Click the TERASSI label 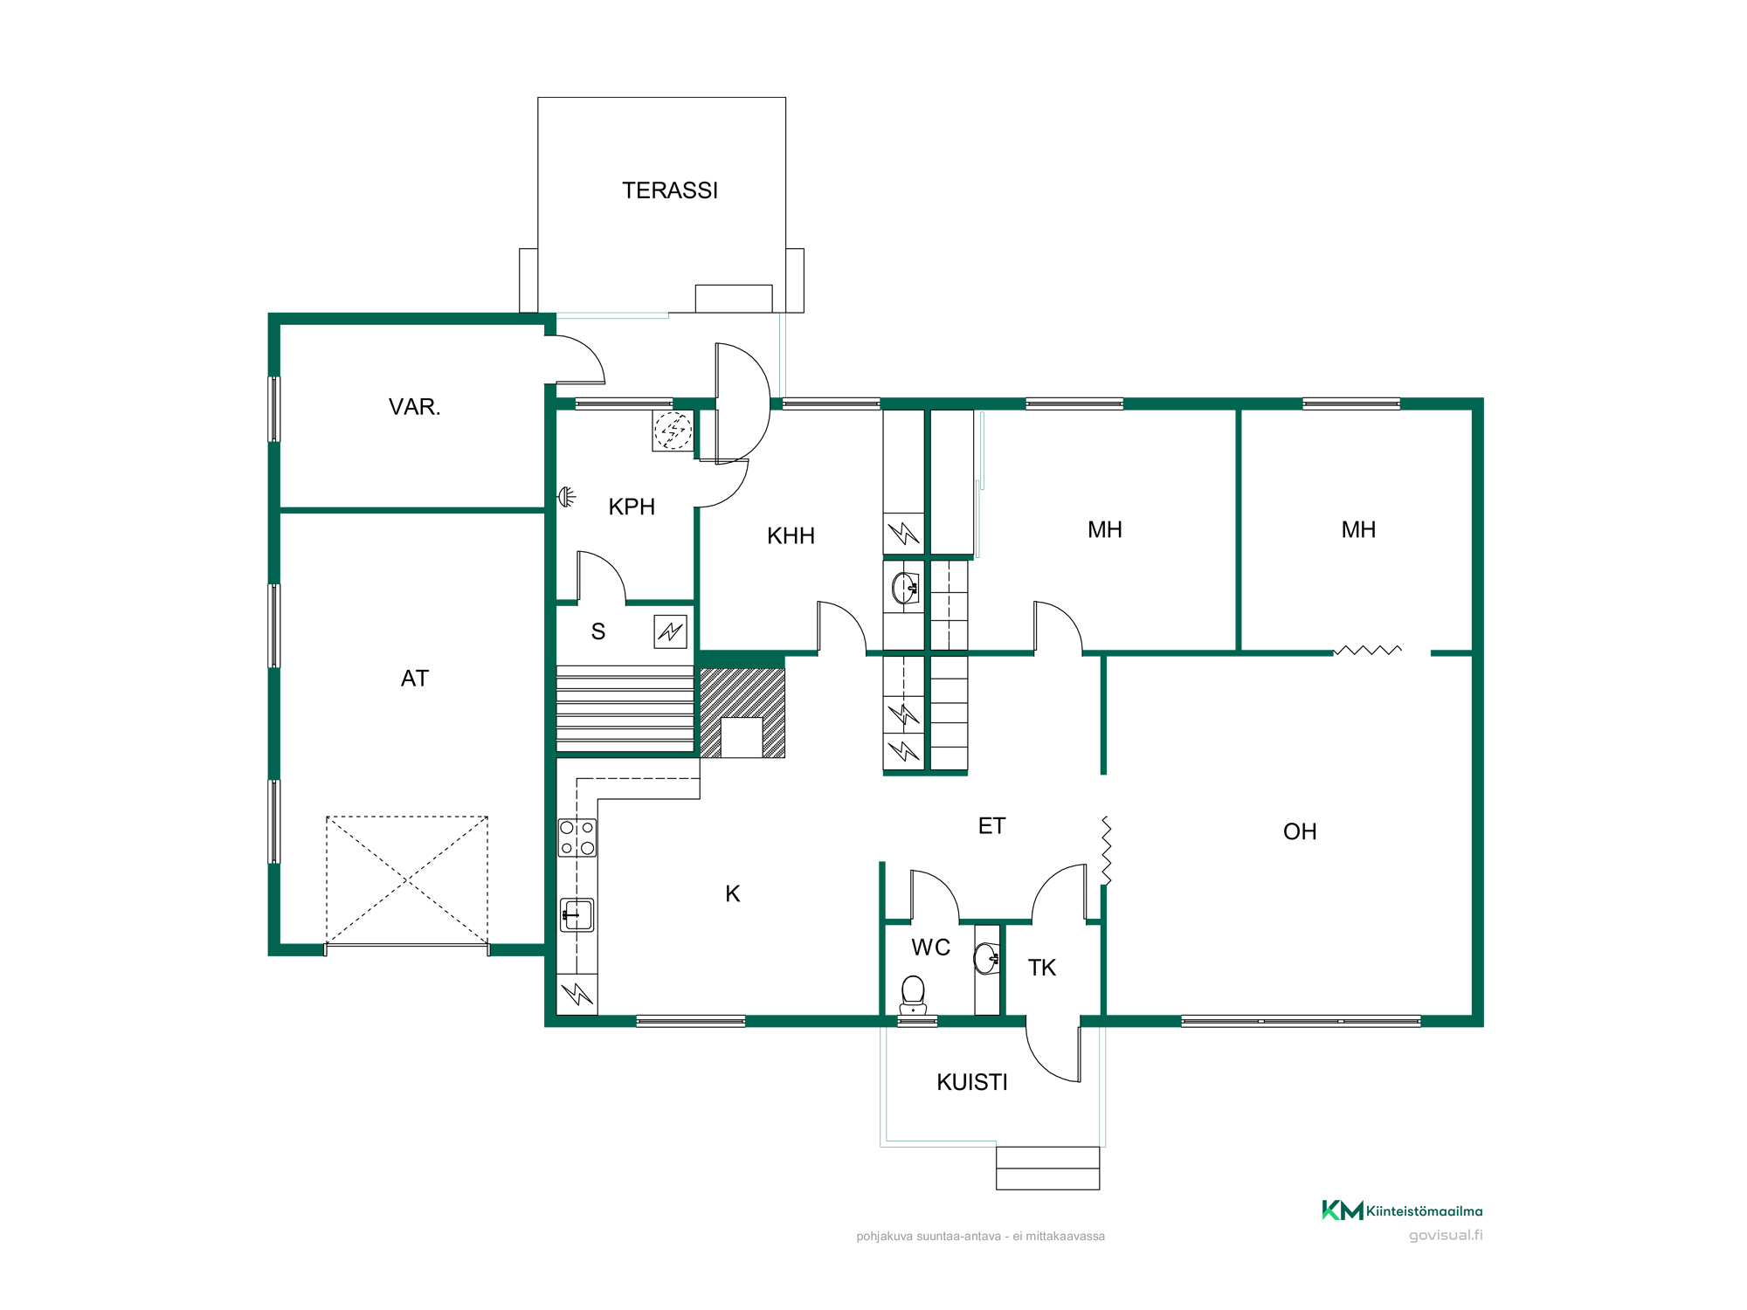point(670,190)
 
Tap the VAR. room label point(415,407)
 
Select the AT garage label point(415,679)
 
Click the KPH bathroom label point(632,507)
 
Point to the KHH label point(791,536)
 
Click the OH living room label point(1300,831)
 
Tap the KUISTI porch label point(972,1082)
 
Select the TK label point(1042,968)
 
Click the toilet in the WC point(913,995)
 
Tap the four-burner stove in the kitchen point(577,838)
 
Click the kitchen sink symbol point(577,915)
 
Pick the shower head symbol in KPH point(567,497)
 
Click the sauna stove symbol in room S point(670,631)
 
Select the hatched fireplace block point(742,713)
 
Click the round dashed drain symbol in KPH point(673,431)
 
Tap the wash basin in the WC point(987,958)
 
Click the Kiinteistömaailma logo point(1402,1210)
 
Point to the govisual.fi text point(1446,1236)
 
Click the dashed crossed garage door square point(407,880)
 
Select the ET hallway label point(991,826)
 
